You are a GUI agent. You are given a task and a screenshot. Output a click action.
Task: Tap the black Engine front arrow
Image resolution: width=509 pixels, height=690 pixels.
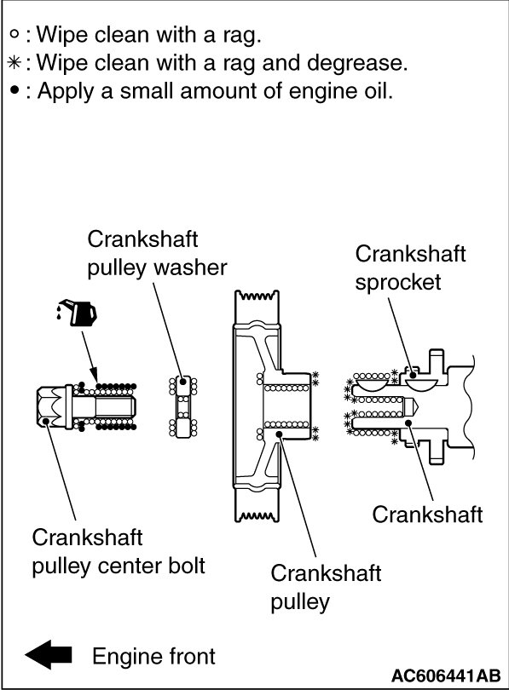pyautogui.click(x=49, y=655)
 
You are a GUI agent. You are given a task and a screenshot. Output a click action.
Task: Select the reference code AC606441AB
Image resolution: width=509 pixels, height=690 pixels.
pyautogui.click(x=446, y=676)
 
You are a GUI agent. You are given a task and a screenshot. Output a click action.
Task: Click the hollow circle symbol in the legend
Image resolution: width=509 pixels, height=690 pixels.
pyautogui.click(x=14, y=34)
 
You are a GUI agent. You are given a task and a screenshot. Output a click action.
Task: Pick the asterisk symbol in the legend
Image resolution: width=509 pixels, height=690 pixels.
pyautogui.click(x=14, y=63)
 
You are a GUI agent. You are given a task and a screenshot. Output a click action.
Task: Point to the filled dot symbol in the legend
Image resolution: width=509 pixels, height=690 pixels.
pyautogui.click(x=14, y=90)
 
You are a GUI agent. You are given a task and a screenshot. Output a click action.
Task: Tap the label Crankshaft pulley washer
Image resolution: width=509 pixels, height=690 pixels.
pyautogui.click(x=157, y=254)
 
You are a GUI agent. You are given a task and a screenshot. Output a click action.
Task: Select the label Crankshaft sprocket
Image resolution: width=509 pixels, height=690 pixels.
pyautogui.click(x=410, y=268)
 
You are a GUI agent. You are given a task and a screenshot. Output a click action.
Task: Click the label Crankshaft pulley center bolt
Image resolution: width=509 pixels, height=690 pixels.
pyautogui.click(x=119, y=552)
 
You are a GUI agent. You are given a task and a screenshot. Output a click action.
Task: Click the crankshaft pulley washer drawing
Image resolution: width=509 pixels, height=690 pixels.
pyautogui.click(x=182, y=406)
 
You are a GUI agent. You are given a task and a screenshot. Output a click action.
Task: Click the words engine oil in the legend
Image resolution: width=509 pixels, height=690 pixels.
pyautogui.click(x=340, y=92)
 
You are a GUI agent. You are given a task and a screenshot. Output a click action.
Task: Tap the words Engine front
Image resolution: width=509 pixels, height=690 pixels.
pyautogui.click(x=153, y=657)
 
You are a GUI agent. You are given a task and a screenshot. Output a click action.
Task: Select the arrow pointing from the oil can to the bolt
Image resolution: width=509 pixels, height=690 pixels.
pyautogui.click(x=90, y=357)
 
